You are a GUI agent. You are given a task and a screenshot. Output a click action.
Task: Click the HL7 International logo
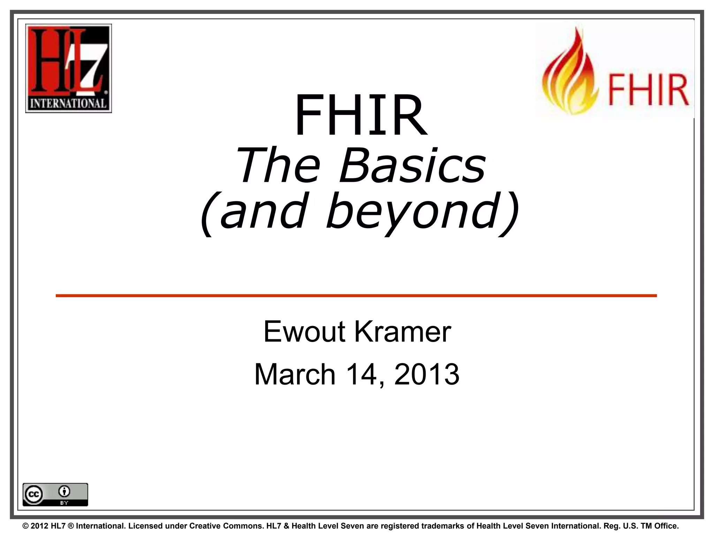click(68, 68)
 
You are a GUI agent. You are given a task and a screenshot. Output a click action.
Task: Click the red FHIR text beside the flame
click(648, 90)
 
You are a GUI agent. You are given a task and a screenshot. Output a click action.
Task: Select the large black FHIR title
click(361, 115)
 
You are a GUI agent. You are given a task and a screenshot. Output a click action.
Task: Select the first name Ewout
click(304, 332)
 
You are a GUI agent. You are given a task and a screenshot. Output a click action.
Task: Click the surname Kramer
click(403, 332)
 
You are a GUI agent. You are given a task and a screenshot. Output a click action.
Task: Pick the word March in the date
click(295, 374)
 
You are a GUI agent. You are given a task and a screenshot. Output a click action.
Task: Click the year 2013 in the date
click(427, 374)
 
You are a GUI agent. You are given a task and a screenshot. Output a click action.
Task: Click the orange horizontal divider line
click(356, 296)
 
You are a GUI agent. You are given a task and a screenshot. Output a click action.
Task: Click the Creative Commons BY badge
click(55, 494)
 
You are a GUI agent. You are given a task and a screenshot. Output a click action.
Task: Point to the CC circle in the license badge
click(34, 495)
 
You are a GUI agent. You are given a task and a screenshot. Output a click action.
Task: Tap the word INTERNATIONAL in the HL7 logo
click(68, 103)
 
